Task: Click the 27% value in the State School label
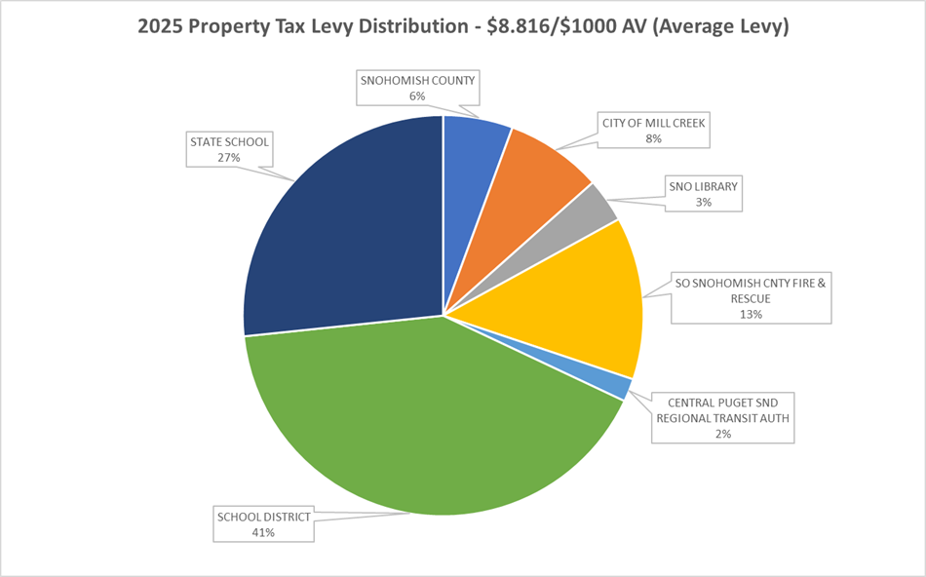click(231, 157)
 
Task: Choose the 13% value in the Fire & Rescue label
click(750, 314)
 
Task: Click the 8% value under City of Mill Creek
click(652, 138)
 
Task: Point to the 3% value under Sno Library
click(703, 202)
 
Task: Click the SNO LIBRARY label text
click(703, 186)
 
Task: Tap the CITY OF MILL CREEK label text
click(652, 123)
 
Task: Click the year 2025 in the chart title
click(161, 28)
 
